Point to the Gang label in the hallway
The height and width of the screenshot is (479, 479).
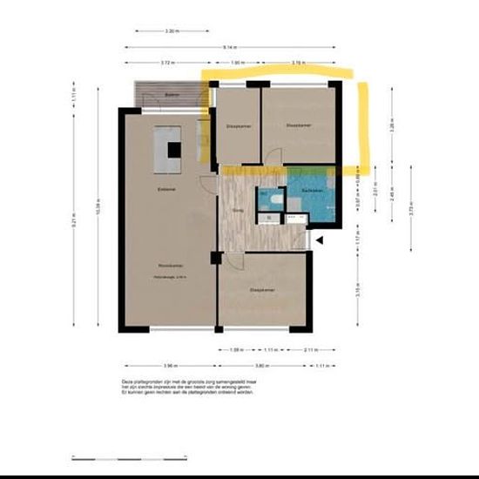coord(237,209)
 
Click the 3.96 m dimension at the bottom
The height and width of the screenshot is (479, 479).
coord(169,365)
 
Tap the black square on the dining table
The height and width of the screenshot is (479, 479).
coord(174,149)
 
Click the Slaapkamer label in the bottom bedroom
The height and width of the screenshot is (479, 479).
coord(262,290)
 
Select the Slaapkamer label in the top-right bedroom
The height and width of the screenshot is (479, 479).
coord(298,125)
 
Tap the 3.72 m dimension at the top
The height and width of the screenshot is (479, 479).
coord(169,63)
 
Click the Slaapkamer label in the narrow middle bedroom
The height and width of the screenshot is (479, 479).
coord(238,127)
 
